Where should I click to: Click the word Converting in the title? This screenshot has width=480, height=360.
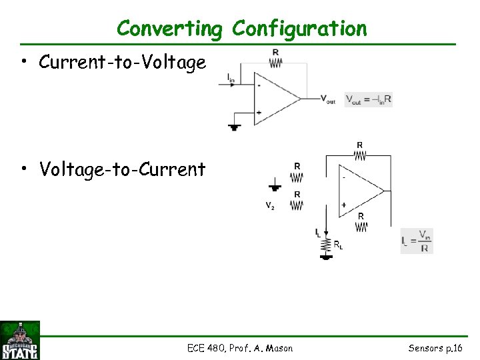click(169, 29)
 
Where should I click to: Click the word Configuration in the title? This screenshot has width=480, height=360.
click(299, 29)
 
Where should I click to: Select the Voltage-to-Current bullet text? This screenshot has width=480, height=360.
click(122, 170)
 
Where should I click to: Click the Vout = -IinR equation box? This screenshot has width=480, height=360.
click(368, 99)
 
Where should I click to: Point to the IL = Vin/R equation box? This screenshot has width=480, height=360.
click(417, 241)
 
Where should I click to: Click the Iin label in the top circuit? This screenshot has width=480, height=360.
click(231, 79)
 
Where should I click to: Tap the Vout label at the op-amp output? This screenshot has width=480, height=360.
click(328, 100)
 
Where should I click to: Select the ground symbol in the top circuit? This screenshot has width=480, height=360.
click(234, 126)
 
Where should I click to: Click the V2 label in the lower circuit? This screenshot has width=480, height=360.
click(270, 206)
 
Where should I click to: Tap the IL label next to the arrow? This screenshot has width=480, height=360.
click(318, 232)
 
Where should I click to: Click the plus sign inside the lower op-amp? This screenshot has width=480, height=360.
click(343, 205)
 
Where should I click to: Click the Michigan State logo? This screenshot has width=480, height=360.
click(20, 340)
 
